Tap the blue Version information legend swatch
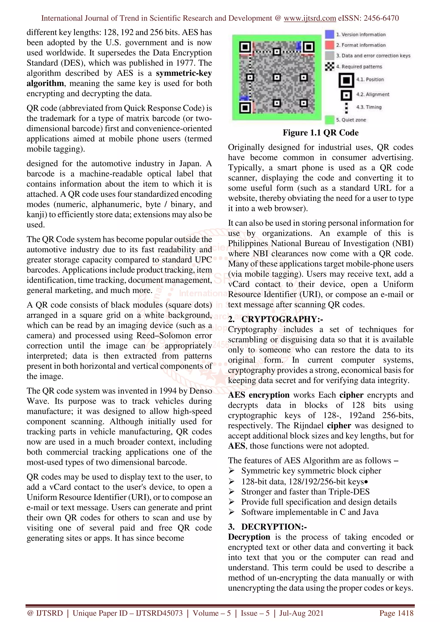click(x=329, y=34)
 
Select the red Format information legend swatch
click(x=329, y=45)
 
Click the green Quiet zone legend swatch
click(x=329, y=120)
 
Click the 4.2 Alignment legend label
click(x=373, y=94)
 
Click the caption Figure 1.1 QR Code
click(x=321, y=132)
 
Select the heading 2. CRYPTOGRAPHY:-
click(x=275, y=319)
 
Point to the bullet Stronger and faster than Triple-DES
click(x=305, y=492)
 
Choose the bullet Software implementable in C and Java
click(x=310, y=512)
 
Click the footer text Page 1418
click(x=396, y=613)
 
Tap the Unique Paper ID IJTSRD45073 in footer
click(x=127, y=613)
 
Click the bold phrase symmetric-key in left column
click(x=184, y=73)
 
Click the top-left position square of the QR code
click(x=245, y=47)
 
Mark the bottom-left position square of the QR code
click(x=245, y=108)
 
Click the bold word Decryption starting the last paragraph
click(x=249, y=537)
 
